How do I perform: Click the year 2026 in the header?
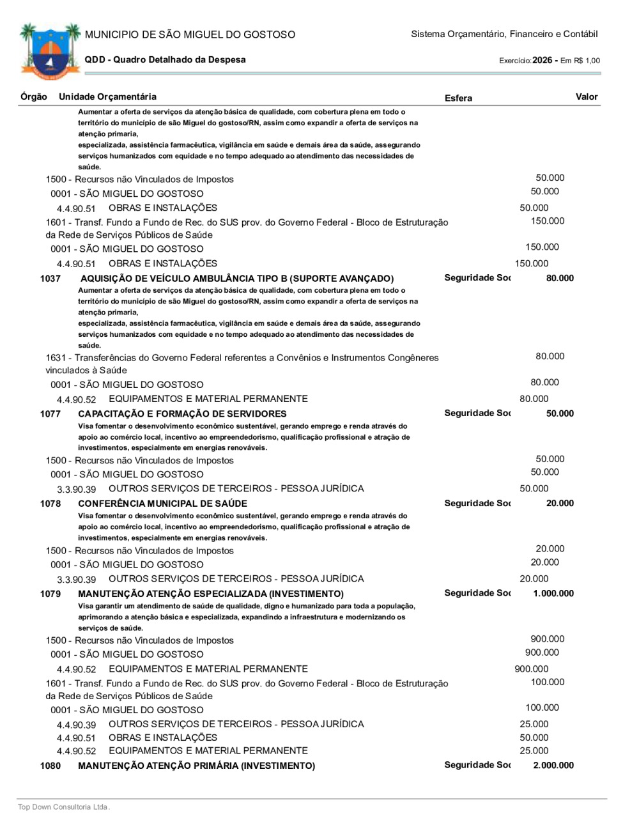point(542,60)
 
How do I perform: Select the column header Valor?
point(586,97)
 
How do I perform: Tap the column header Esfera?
point(458,98)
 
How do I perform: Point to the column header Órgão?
point(34,97)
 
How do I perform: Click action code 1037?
point(50,279)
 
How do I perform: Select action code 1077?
point(50,414)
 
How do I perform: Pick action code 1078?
point(50,504)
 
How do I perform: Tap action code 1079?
point(50,594)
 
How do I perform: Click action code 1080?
point(50,766)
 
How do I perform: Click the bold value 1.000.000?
point(553,594)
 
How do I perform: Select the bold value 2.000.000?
point(553,766)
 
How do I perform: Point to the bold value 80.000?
point(560,279)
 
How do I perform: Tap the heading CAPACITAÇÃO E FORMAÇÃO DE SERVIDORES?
point(182,414)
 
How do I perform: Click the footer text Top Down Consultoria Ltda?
point(64,807)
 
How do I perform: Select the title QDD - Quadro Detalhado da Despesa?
point(165,60)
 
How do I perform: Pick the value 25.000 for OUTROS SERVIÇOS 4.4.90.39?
point(534,724)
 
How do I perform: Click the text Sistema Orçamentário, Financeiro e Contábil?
point(504,34)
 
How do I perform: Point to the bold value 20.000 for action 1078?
point(560,504)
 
